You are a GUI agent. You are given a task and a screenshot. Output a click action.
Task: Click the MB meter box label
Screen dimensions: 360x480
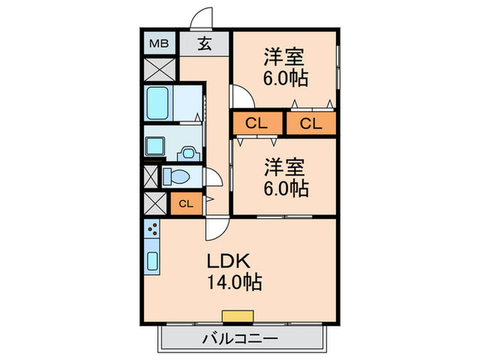coord(159,44)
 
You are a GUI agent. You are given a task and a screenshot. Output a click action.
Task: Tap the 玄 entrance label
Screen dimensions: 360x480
coord(205,44)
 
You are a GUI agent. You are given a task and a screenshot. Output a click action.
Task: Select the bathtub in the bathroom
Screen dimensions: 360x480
coord(158,103)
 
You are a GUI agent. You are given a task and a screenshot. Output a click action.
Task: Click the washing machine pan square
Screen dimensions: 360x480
coord(155,145)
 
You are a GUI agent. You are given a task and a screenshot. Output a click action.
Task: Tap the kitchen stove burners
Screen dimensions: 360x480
coord(152,229)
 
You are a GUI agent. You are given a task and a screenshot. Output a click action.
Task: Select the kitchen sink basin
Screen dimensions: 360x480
coord(153,261)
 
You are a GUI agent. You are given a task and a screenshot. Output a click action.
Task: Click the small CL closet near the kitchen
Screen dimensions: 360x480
coord(186,203)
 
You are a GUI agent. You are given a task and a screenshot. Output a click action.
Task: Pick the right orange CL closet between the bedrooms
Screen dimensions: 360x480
coord(311,123)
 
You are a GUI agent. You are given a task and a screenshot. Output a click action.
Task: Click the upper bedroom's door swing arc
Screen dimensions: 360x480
coord(239,96)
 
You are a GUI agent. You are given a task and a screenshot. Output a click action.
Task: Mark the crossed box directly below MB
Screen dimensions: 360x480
coord(159,69)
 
